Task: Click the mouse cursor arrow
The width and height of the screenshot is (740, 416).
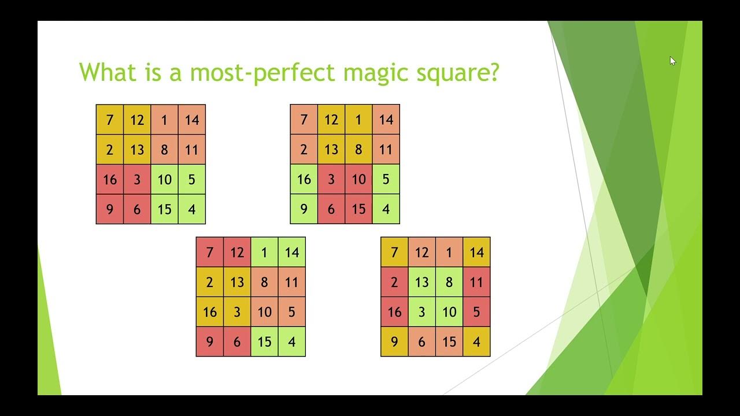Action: (x=672, y=61)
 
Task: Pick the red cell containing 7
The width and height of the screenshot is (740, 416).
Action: (x=210, y=252)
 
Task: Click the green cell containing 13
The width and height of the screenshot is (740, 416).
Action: (x=422, y=283)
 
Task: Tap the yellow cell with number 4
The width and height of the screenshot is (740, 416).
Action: (x=476, y=342)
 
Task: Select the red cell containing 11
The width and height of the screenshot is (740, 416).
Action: (x=476, y=283)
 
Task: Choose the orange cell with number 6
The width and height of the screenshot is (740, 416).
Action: (x=422, y=342)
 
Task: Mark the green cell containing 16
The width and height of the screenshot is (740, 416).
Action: (x=304, y=180)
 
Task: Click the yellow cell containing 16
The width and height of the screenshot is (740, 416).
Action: (x=210, y=312)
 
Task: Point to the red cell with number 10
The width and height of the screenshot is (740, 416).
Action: (x=358, y=180)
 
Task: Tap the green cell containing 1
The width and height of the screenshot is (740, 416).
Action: (x=264, y=252)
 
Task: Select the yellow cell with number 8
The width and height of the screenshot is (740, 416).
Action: (x=358, y=150)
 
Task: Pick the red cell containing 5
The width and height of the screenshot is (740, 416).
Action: (x=476, y=312)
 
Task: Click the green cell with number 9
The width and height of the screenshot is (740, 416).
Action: (x=304, y=209)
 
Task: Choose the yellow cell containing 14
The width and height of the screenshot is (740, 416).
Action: (x=476, y=252)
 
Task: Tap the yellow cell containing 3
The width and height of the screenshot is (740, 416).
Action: (x=237, y=312)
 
